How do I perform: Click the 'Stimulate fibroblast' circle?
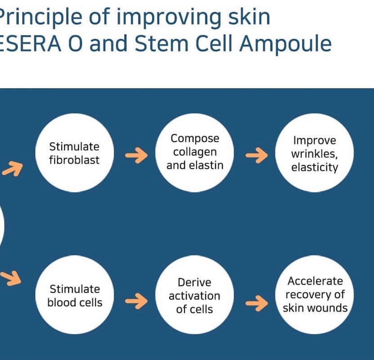point(74,153)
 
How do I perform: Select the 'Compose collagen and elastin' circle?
point(194,153)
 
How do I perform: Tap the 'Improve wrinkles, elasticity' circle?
point(314,153)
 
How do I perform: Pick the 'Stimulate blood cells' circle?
point(74,294)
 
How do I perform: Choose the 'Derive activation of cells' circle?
point(194,294)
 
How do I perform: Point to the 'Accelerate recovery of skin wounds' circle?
point(314,294)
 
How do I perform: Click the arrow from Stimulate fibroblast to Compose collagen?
point(136,155)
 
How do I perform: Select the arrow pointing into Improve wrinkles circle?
point(257,155)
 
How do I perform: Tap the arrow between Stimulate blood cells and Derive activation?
point(136,301)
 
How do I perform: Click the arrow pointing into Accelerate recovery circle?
point(257,303)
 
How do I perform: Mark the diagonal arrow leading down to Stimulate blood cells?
point(11,278)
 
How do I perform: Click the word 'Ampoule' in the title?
point(285,44)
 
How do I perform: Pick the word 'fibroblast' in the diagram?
point(74,160)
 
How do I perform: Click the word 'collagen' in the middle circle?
point(194,152)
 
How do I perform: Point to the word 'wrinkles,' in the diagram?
point(314,154)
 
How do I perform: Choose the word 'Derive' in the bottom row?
point(194,282)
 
